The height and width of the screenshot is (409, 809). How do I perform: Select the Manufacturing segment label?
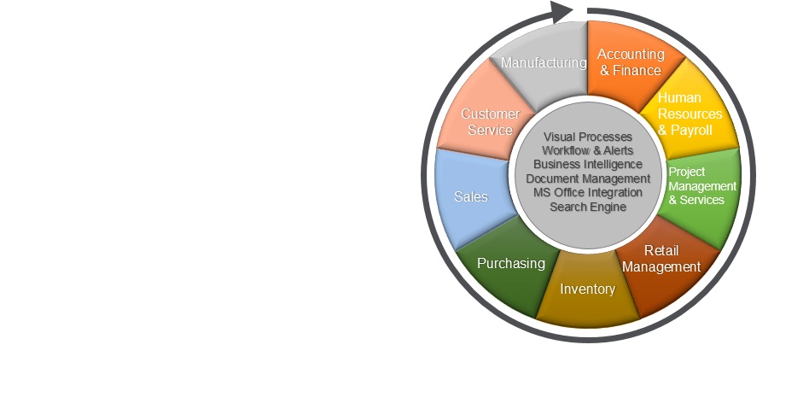(544, 63)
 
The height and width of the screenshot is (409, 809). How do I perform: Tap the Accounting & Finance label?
(631, 62)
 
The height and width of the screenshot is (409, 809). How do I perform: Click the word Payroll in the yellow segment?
(691, 130)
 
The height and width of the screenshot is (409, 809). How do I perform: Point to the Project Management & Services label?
(702, 186)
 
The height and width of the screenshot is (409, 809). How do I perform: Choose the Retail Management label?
(661, 259)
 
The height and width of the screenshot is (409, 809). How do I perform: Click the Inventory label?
(588, 289)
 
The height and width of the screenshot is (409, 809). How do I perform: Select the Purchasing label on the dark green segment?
(511, 263)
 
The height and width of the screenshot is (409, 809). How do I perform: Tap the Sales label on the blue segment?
(471, 196)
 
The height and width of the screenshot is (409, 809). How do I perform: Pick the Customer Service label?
(490, 122)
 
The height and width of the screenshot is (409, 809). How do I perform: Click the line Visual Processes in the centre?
(588, 137)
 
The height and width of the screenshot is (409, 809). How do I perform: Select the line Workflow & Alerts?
(588, 150)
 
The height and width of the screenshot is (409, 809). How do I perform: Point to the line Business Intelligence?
(588, 164)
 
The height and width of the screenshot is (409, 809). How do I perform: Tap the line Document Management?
(588, 178)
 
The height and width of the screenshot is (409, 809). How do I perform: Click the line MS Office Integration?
(588, 193)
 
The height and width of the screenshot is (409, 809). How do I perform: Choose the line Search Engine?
(588, 207)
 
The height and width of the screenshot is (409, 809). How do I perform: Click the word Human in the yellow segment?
(679, 97)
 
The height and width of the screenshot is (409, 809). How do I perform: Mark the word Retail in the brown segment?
(661, 250)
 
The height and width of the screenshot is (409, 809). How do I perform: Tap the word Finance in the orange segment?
(637, 70)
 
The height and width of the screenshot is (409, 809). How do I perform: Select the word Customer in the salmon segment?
(490, 114)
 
